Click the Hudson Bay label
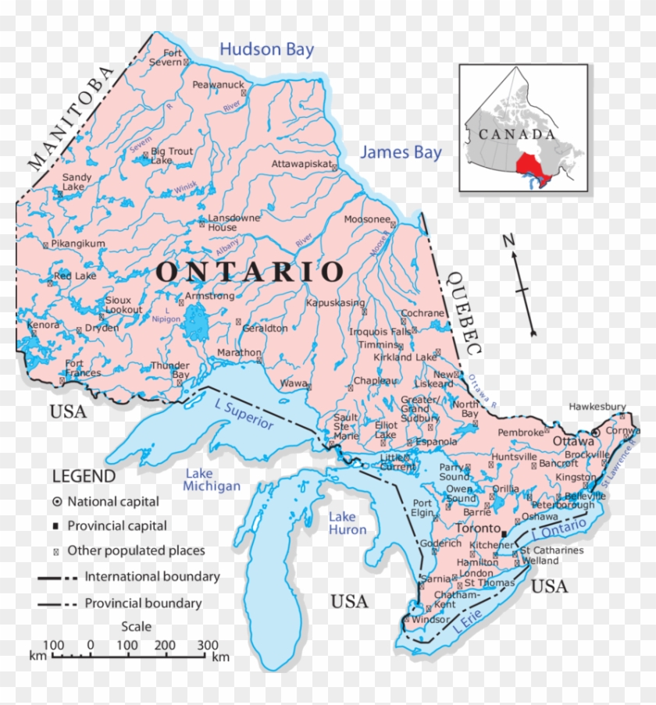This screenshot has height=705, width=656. point(266,50)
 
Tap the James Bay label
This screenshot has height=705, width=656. point(401,153)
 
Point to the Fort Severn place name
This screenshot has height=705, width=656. point(166,57)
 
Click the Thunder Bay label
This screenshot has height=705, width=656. point(169,369)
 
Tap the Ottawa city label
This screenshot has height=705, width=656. point(573,441)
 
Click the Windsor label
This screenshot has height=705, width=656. point(431,620)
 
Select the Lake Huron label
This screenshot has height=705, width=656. point(347,523)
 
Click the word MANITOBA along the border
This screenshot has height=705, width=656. point(71,117)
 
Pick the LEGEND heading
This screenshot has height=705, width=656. point(84,476)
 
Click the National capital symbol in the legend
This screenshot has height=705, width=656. point(57,501)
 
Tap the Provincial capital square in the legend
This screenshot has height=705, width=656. point(57,526)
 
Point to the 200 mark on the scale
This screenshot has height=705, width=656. point(166,646)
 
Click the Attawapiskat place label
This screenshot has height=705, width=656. point(301,165)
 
